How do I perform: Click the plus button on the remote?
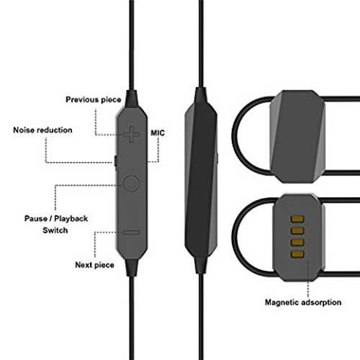[131, 134]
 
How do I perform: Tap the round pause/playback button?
[131, 184]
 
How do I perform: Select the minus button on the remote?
[131, 233]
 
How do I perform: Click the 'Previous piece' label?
[94, 99]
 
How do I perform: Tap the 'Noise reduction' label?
[42, 130]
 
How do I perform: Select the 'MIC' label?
[158, 133]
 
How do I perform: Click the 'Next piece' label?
[94, 265]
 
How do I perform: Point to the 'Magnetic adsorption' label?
[303, 302]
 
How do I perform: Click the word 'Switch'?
[55, 230]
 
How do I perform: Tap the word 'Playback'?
[71, 219]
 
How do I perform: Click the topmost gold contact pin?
[297, 219]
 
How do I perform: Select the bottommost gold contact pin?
[297, 254]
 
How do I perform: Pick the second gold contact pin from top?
[297, 230]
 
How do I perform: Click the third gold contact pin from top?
[297, 243]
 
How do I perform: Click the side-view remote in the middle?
[201, 180]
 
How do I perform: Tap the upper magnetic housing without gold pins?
[297, 136]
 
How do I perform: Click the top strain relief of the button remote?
[132, 99]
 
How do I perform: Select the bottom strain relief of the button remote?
[132, 267]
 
